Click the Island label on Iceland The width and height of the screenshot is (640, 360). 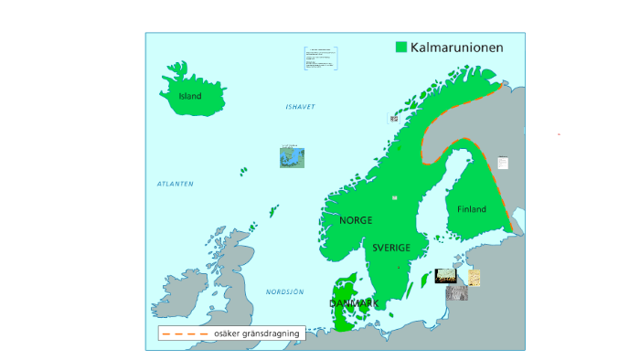(x=190, y=96)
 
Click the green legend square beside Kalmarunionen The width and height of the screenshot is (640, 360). (x=400, y=47)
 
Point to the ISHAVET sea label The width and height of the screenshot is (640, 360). (x=300, y=107)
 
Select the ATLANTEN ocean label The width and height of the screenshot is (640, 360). (x=176, y=184)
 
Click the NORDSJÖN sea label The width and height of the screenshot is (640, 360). (x=284, y=291)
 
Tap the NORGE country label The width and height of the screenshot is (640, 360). (x=356, y=220)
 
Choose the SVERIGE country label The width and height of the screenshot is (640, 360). (x=390, y=248)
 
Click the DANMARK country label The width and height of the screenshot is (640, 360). (x=354, y=302)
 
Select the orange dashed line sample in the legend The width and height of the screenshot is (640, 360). (x=185, y=334)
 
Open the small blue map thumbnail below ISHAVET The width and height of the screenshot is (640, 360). (x=292, y=156)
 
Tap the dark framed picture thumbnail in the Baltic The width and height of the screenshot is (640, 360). (x=446, y=275)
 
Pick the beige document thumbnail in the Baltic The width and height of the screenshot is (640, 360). (x=474, y=277)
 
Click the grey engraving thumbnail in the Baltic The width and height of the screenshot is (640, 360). (x=456, y=293)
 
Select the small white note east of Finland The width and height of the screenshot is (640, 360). (x=502, y=163)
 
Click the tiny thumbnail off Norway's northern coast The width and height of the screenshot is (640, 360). (x=394, y=118)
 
